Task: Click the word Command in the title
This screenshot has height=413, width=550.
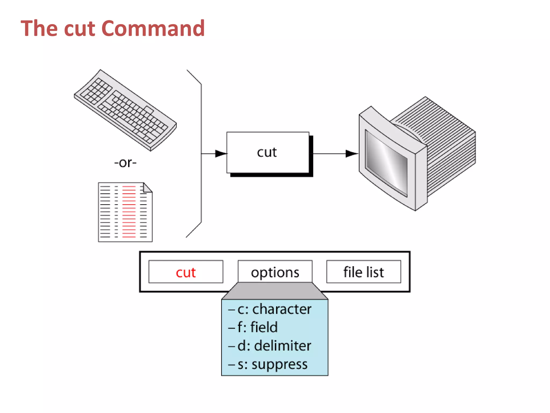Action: [x=153, y=29]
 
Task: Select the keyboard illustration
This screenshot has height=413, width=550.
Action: [x=125, y=110]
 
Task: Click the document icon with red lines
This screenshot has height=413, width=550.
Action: [x=125, y=212]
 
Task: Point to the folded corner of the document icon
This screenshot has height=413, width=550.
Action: [x=148, y=187]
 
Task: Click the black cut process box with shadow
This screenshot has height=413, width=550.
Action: [x=268, y=152]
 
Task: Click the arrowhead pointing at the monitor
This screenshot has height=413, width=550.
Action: [x=351, y=154]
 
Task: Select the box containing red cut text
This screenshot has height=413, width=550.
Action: [x=186, y=272]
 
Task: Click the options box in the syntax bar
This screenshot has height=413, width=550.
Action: [x=275, y=272]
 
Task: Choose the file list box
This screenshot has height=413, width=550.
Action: [x=364, y=272]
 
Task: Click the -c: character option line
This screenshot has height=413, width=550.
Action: [x=270, y=309]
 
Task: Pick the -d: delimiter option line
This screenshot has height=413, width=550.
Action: [x=270, y=346]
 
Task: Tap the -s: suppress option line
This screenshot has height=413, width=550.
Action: [x=268, y=364]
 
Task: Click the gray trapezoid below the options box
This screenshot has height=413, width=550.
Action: [x=275, y=291]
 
